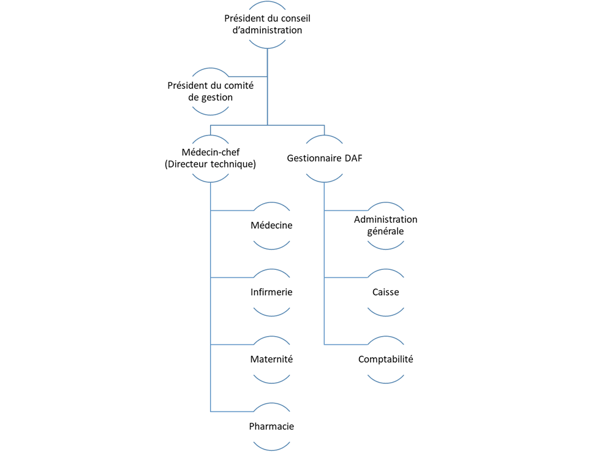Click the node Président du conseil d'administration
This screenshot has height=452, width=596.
267,25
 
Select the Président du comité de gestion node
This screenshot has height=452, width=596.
210,91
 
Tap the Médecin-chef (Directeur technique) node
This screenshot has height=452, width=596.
210,158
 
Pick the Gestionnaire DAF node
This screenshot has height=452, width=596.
324,158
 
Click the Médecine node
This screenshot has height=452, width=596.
271,225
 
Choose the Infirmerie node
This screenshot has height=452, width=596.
271,292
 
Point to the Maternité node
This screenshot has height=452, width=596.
271,359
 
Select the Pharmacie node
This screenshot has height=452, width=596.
271,426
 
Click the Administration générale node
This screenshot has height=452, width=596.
385,225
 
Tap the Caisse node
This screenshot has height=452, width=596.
385,292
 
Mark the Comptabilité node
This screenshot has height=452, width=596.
385,359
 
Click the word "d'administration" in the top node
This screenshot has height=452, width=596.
267,30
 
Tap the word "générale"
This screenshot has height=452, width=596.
385,232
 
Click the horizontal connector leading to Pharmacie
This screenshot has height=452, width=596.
232,412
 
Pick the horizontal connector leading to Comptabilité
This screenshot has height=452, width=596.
346,344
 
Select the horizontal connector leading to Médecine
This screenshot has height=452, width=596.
232,210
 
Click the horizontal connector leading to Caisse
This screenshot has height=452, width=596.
346,277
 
